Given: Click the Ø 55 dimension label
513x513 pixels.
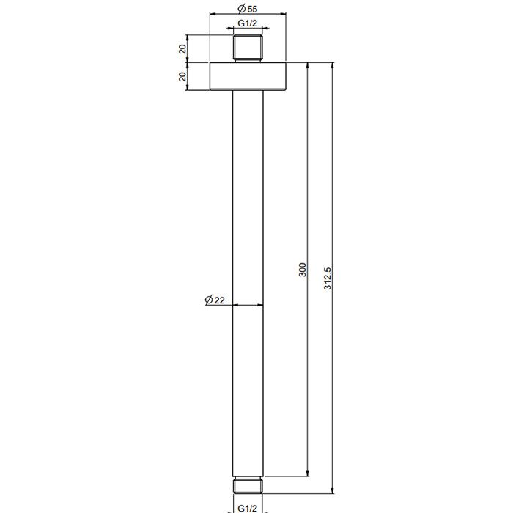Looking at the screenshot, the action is point(248,9).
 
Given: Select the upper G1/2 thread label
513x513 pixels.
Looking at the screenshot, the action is point(248,23).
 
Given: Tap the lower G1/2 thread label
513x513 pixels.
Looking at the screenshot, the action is point(248,508).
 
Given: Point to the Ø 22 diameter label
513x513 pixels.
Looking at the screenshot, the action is point(215,300).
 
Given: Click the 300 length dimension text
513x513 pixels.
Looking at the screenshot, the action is point(303,270).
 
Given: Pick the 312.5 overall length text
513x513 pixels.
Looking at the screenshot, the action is point(328,278).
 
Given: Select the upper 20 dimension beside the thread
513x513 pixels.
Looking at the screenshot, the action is point(182,49).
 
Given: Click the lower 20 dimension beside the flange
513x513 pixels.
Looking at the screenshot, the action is point(182,76).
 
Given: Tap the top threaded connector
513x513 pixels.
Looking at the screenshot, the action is point(248,48).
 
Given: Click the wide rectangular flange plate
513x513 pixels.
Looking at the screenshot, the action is point(248,76).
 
